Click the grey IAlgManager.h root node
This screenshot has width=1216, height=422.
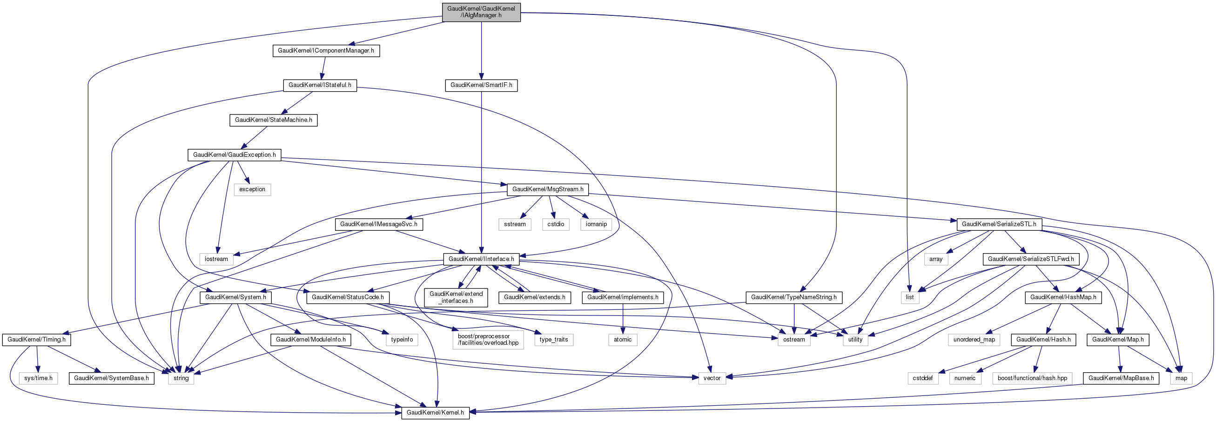tap(481, 12)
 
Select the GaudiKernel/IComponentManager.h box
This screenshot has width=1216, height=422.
tap(326, 51)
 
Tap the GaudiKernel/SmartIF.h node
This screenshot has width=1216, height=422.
tap(481, 86)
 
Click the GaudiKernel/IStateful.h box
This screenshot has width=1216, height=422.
tap(320, 86)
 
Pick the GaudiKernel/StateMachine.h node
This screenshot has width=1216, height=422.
tap(273, 121)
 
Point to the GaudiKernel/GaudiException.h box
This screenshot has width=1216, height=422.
tap(234, 155)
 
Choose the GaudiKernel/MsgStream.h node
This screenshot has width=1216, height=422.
tap(548, 190)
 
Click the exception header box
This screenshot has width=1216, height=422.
tap(252, 190)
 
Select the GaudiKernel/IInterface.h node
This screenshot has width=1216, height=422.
tap(481, 259)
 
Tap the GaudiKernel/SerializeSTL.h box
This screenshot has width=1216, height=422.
tap(999, 224)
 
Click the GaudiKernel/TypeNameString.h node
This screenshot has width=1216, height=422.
tap(793, 297)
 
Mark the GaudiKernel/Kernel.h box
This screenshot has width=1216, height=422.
tap(435, 413)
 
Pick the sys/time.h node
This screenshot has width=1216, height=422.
tap(38, 378)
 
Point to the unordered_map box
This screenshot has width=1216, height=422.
tap(974, 340)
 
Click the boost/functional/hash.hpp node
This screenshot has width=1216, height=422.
tap(1032, 378)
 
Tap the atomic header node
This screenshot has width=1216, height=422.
tap(623, 340)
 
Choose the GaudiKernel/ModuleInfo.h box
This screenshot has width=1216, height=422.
tap(310, 340)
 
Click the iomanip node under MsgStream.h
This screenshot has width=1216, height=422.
tap(596, 224)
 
